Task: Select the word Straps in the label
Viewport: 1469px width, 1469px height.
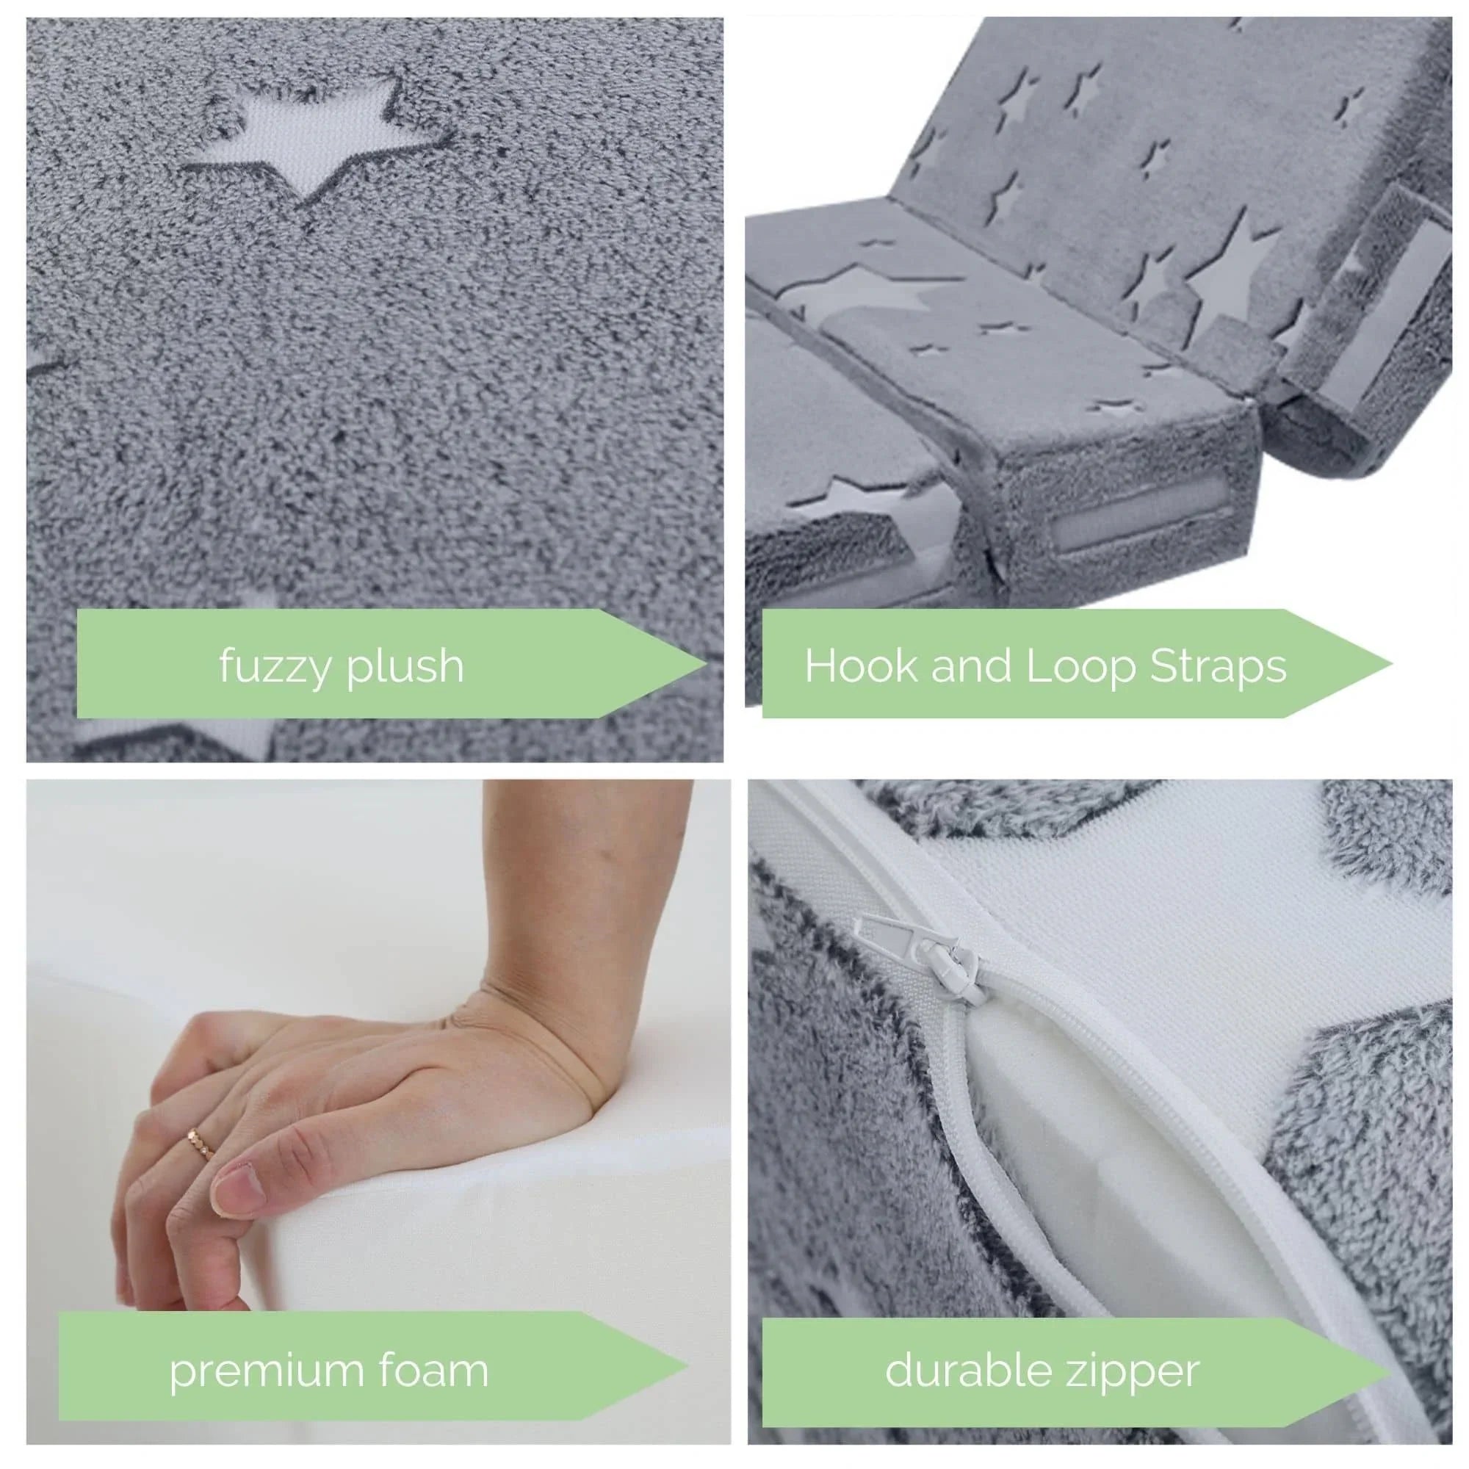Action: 1217,666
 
